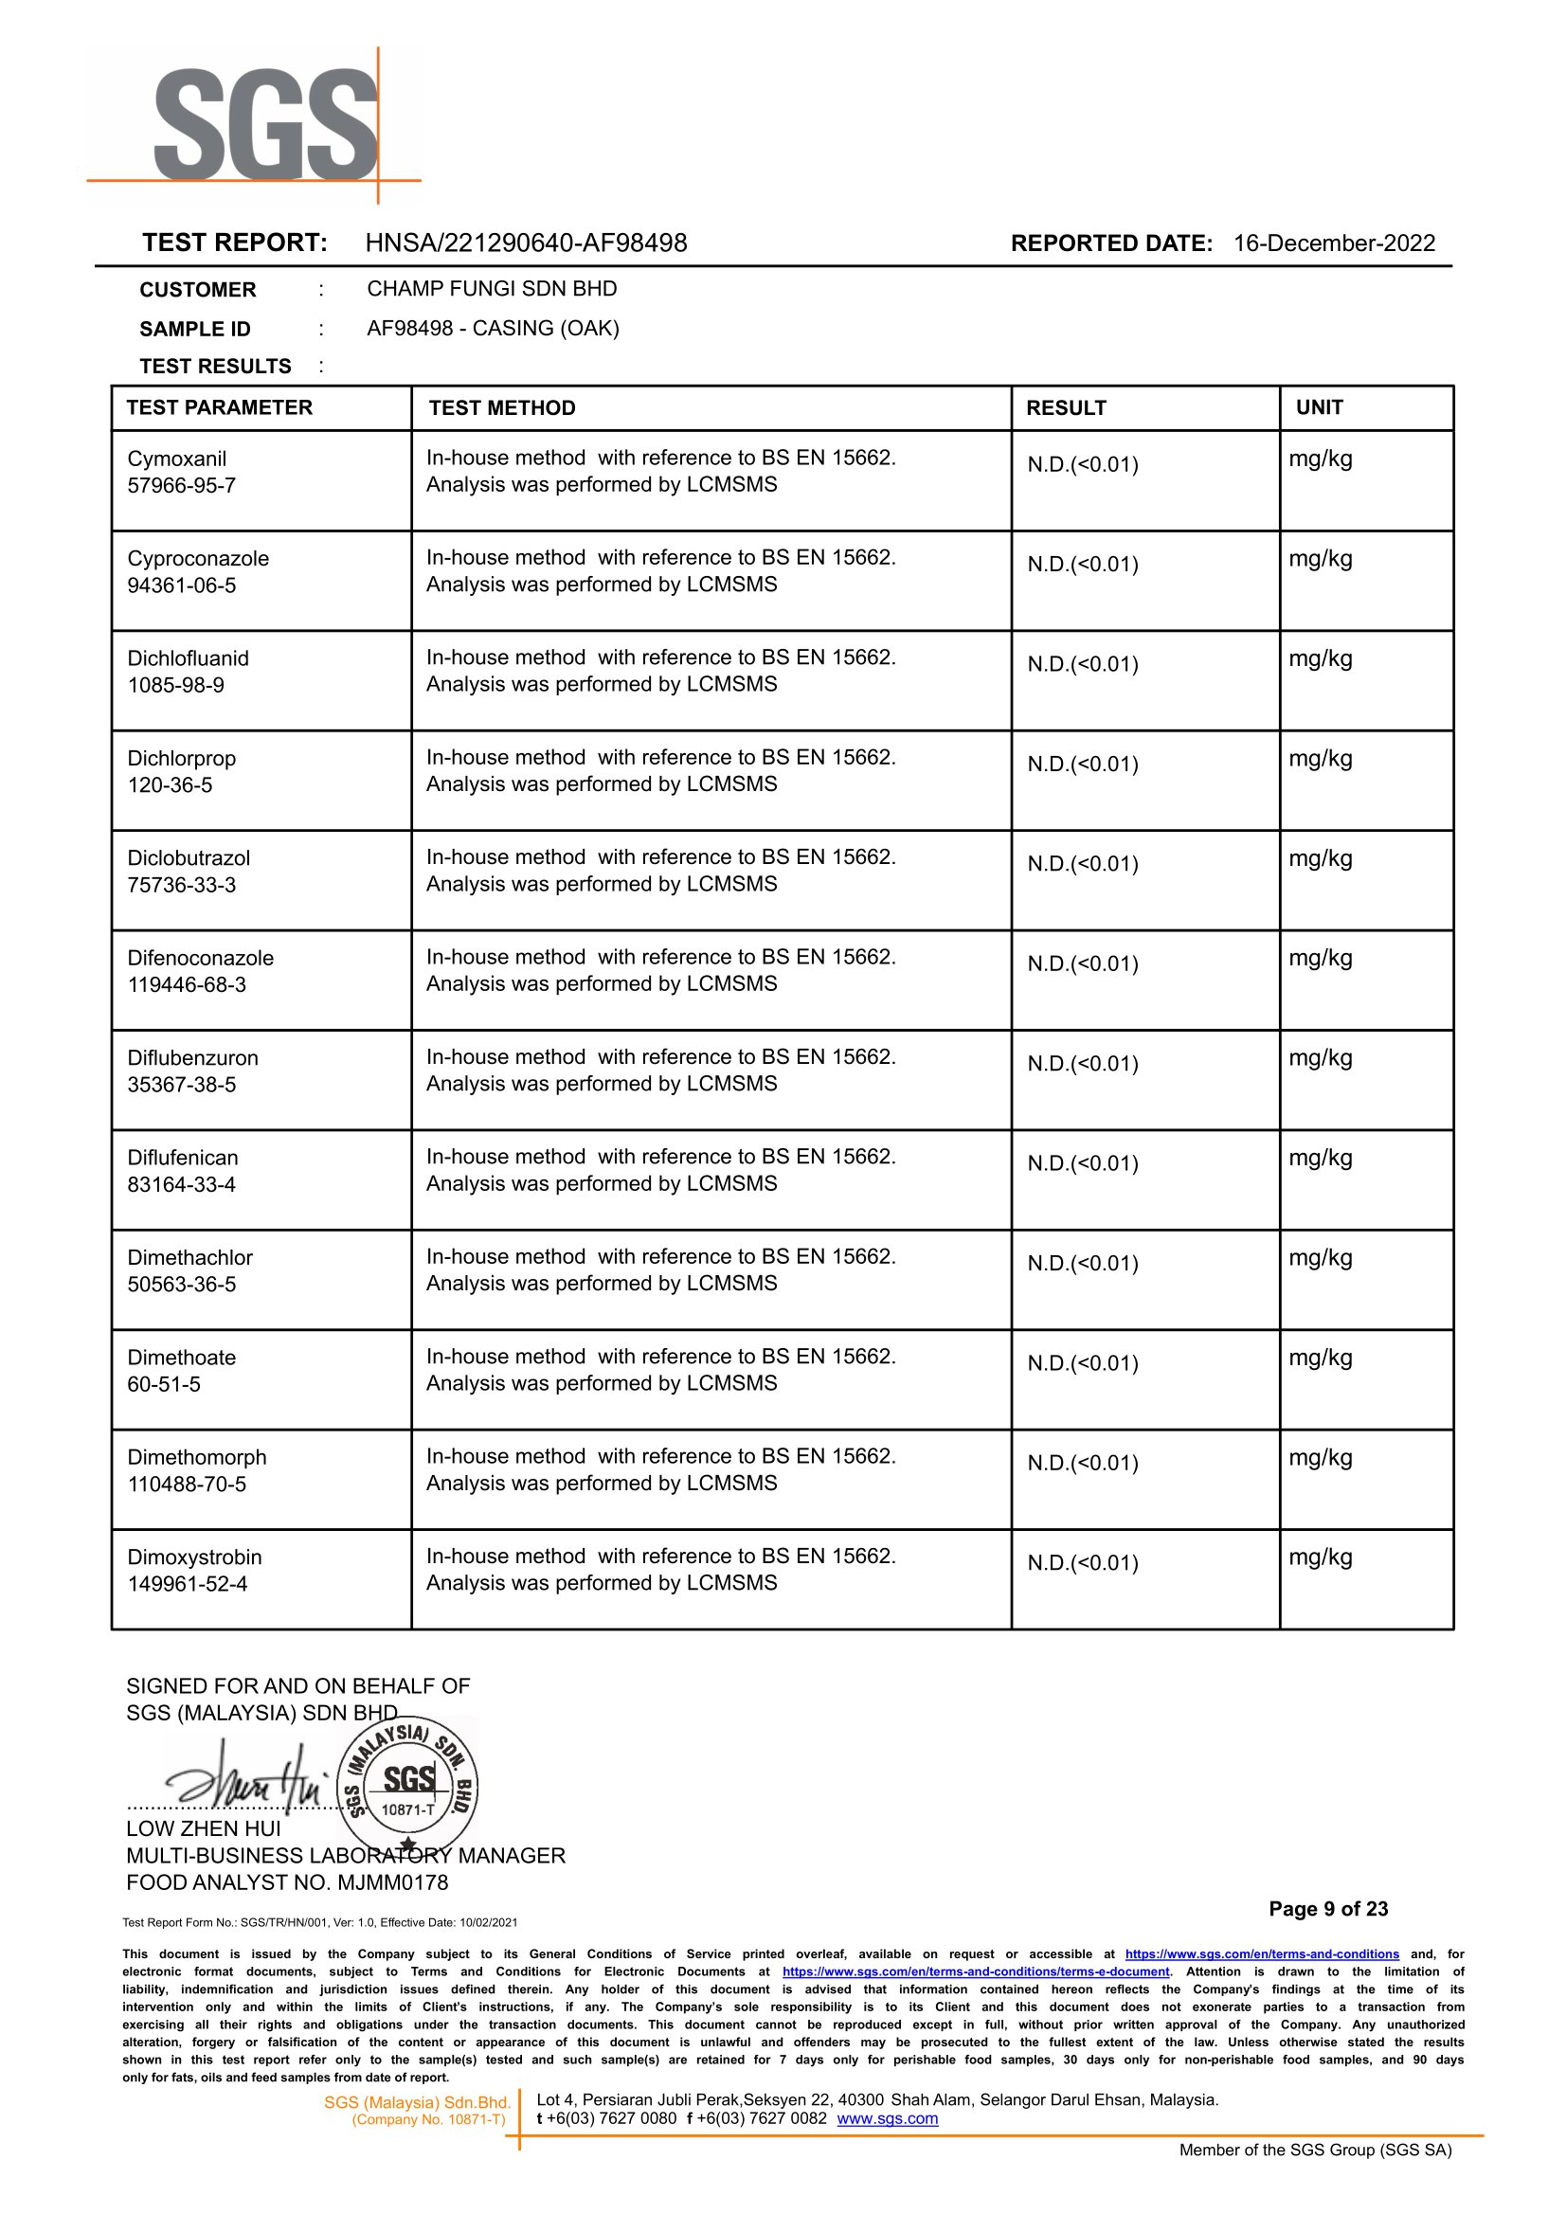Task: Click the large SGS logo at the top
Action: point(265,124)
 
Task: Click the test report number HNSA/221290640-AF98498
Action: point(526,243)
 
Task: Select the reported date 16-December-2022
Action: point(1334,243)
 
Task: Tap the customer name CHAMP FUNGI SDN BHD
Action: point(492,288)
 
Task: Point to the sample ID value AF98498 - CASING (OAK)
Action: point(493,328)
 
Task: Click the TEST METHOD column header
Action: point(501,408)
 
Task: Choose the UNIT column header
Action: point(1319,407)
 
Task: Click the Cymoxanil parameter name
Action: point(176,459)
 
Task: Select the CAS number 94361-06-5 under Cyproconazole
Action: point(181,585)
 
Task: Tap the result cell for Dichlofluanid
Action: point(1083,664)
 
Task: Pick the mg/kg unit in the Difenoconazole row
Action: point(1320,959)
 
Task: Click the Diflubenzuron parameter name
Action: point(193,1058)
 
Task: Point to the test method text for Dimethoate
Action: point(660,1369)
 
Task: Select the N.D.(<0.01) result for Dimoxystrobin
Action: point(1083,1562)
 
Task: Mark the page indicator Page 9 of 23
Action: point(1328,1908)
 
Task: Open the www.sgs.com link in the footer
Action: point(887,2118)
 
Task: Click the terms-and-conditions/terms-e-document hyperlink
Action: point(976,1971)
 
